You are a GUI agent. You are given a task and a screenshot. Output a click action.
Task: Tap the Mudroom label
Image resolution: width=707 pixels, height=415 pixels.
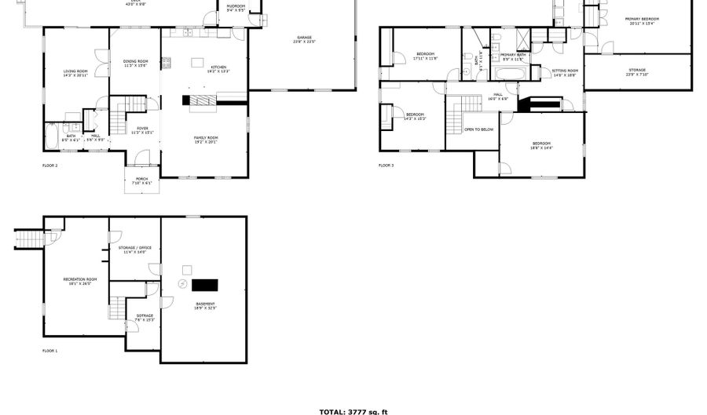[x=236, y=7]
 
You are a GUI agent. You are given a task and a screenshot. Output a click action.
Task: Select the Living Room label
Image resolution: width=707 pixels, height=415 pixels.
[x=75, y=72]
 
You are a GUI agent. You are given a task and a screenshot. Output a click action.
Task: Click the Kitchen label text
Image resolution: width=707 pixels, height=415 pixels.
[x=194, y=68]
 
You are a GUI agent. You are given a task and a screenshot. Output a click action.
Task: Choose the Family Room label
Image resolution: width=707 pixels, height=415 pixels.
[x=206, y=138]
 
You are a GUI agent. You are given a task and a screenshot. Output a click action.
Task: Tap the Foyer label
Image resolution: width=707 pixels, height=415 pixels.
[x=142, y=129]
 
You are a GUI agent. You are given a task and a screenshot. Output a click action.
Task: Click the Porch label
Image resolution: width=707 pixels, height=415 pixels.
[x=142, y=180]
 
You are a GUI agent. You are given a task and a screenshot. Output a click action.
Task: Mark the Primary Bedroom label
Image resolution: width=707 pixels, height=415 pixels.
[x=642, y=20]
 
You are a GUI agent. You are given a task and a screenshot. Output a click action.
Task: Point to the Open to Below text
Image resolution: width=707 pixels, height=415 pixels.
[x=478, y=129]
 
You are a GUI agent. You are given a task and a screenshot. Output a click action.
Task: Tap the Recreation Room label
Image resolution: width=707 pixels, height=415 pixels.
[x=80, y=280]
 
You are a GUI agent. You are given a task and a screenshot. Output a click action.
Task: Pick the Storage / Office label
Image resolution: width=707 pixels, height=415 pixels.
[x=135, y=249]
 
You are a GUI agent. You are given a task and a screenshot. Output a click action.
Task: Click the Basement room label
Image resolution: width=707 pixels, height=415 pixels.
[x=206, y=304]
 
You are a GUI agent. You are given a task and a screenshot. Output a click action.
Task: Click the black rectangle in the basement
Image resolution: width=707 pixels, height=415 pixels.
[x=205, y=284]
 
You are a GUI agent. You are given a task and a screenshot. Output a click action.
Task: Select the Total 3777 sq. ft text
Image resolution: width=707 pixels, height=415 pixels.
[x=353, y=411]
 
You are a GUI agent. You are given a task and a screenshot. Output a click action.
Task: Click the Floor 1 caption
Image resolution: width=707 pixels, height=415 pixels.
[x=49, y=351]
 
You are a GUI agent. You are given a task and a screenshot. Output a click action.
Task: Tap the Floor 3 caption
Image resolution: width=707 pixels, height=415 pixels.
[x=386, y=166]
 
